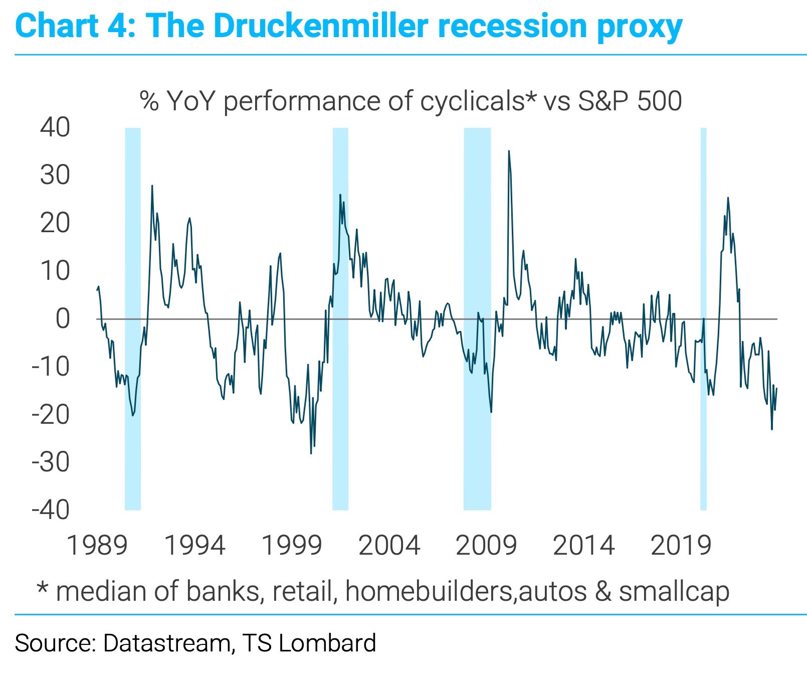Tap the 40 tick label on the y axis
pyautogui.click(x=55, y=127)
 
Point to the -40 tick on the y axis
pyautogui.click(x=51, y=510)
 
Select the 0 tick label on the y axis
pyautogui.click(x=63, y=319)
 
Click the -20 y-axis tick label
pyautogui.click(x=51, y=415)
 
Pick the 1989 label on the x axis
pyautogui.click(x=97, y=546)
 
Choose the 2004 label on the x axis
pyautogui.click(x=389, y=546)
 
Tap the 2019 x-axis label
pyautogui.click(x=681, y=546)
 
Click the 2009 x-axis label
pyautogui.click(x=486, y=546)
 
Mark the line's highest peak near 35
pyautogui.click(x=509, y=151)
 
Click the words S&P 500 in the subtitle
pyautogui.click(x=630, y=101)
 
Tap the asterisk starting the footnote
pyautogui.click(x=43, y=588)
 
